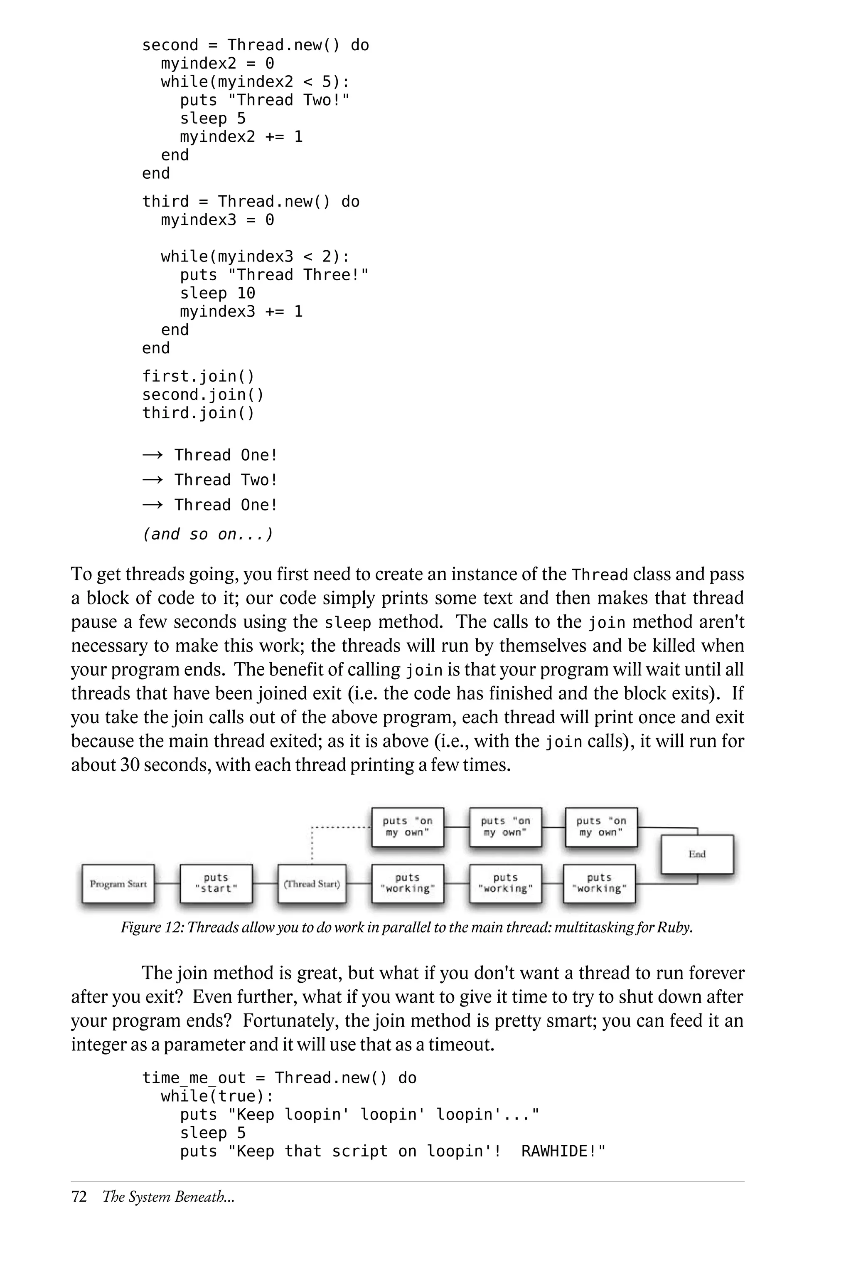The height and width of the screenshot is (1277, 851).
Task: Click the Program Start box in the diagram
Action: [x=118, y=883]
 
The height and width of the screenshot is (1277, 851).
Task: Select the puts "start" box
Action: [x=216, y=883]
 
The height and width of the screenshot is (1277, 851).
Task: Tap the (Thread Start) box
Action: [x=312, y=883]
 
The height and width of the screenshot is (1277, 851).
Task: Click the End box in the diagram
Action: [x=697, y=854]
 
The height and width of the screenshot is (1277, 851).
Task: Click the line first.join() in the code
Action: [x=198, y=376]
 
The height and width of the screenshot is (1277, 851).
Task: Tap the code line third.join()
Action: [x=198, y=413]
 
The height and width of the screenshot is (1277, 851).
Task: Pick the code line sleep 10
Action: [x=217, y=293]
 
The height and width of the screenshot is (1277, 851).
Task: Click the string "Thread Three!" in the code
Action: [x=298, y=275]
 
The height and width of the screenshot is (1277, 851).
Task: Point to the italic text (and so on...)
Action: [x=207, y=534]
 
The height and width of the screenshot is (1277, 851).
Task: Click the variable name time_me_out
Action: [x=194, y=1078]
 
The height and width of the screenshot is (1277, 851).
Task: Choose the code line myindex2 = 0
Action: [x=217, y=64]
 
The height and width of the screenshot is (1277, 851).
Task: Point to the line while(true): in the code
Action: [x=217, y=1096]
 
